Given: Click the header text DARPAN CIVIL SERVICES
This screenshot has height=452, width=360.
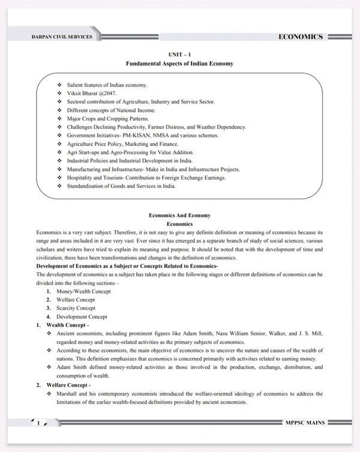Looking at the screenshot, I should click(x=62, y=37).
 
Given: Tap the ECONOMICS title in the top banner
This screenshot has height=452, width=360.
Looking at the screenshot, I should click(x=301, y=37).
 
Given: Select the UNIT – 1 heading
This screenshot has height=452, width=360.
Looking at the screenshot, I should click(x=179, y=54).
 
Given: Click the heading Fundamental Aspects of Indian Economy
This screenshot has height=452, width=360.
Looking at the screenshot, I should click(x=179, y=63).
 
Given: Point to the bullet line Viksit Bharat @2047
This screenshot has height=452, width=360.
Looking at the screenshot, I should click(x=92, y=94).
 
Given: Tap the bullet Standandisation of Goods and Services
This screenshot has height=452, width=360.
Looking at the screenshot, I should click(x=121, y=186).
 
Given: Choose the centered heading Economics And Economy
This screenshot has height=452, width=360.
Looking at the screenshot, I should click(x=179, y=215).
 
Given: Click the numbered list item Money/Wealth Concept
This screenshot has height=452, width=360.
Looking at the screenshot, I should click(x=83, y=291).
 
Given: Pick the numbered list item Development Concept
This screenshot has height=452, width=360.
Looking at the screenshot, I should click(x=82, y=316).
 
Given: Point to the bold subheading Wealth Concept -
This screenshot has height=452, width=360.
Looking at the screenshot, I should click(x=68, y=325).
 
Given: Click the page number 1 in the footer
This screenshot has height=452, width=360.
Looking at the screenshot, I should click(x=38, y=423).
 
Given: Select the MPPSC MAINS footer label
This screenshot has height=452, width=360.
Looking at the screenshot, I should click(x=305, y=423).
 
